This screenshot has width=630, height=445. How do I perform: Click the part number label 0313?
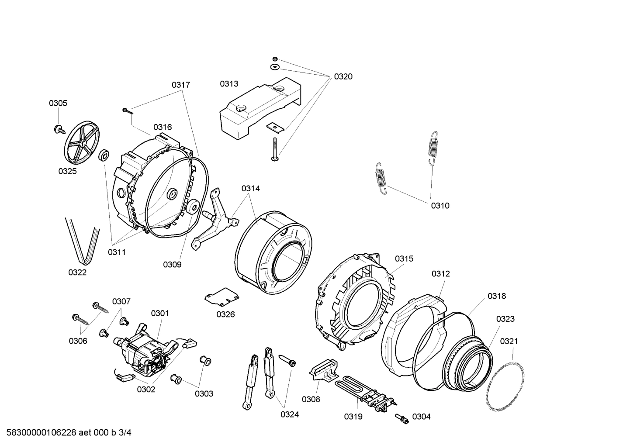point(229,83)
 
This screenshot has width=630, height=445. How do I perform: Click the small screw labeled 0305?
point(58,128)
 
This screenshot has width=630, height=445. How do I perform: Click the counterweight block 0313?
point(258,108)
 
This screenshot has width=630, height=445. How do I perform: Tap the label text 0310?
point(440,206)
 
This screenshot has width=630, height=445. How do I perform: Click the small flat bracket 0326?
point(222,297)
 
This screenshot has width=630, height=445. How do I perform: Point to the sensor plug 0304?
point(402,418)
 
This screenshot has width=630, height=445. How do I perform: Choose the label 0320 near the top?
point(343,77)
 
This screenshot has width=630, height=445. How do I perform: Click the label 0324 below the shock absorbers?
point(290,414)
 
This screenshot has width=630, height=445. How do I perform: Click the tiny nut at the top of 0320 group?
point(274,59)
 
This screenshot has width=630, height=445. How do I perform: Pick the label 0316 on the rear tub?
point(162,127)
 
